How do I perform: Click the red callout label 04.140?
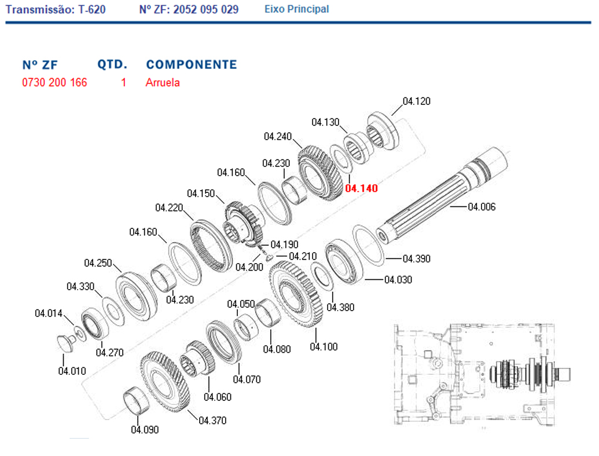coord(361,188)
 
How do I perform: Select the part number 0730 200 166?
coord(54,82)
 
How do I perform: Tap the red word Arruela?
coord(163,82)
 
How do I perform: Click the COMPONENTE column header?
coord(192,64)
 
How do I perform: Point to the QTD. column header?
coord(112,64)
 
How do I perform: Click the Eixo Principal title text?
coord(296,9)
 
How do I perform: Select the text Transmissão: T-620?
coord(56,9)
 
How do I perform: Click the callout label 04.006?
coord(482,207)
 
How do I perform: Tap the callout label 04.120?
coord(416,101)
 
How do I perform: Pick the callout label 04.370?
coord(212,421)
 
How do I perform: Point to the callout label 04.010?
coord(72,371)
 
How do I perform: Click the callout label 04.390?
coord(416,258)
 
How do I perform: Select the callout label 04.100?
coord(324,346)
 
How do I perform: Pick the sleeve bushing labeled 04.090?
coord(137,400)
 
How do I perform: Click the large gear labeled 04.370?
coord(164,382)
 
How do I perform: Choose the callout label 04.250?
coord(98,263)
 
